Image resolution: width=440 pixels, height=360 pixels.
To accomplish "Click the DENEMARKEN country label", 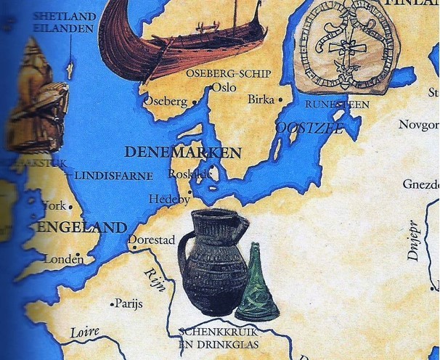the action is point(183,152).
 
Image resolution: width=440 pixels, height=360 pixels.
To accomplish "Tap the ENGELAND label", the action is point(82,228).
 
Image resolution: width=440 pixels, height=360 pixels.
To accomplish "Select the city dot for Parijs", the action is point(111,303).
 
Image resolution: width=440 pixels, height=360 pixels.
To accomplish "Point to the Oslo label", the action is point(229,87).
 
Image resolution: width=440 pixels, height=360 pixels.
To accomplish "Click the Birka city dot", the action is point(281,99).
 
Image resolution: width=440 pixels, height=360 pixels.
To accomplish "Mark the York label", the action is point(54,205).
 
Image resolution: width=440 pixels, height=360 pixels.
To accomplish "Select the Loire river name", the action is point(84,332).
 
